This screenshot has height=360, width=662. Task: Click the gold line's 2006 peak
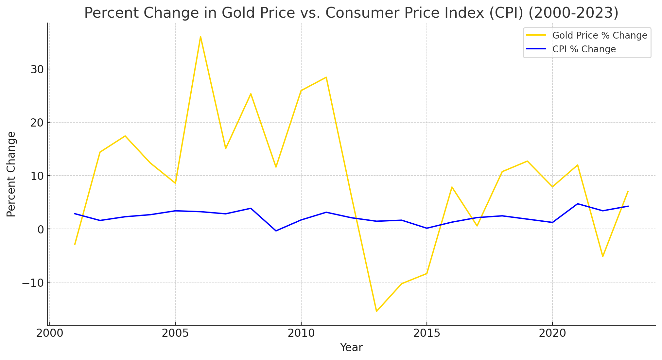[200, 37]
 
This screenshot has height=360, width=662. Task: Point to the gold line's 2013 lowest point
[376, 311]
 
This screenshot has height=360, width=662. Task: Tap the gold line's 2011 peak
[326, 77]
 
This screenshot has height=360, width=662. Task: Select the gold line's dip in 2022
[603, 256]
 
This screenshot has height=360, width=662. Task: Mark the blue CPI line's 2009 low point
[276, 231]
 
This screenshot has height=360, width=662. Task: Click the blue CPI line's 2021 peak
[578, 204]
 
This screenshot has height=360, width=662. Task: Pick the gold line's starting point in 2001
[75, 244]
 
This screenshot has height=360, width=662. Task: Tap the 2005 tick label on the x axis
[175, 334]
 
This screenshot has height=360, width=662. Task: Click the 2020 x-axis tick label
[552, 334]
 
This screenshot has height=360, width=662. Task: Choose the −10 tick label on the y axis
[33, 283]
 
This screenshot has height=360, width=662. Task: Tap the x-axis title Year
[351, 348]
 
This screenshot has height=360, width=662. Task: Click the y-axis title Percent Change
[11, 174]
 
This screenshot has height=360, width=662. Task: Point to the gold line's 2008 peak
[251, 94]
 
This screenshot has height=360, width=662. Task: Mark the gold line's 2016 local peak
[452, 187]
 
